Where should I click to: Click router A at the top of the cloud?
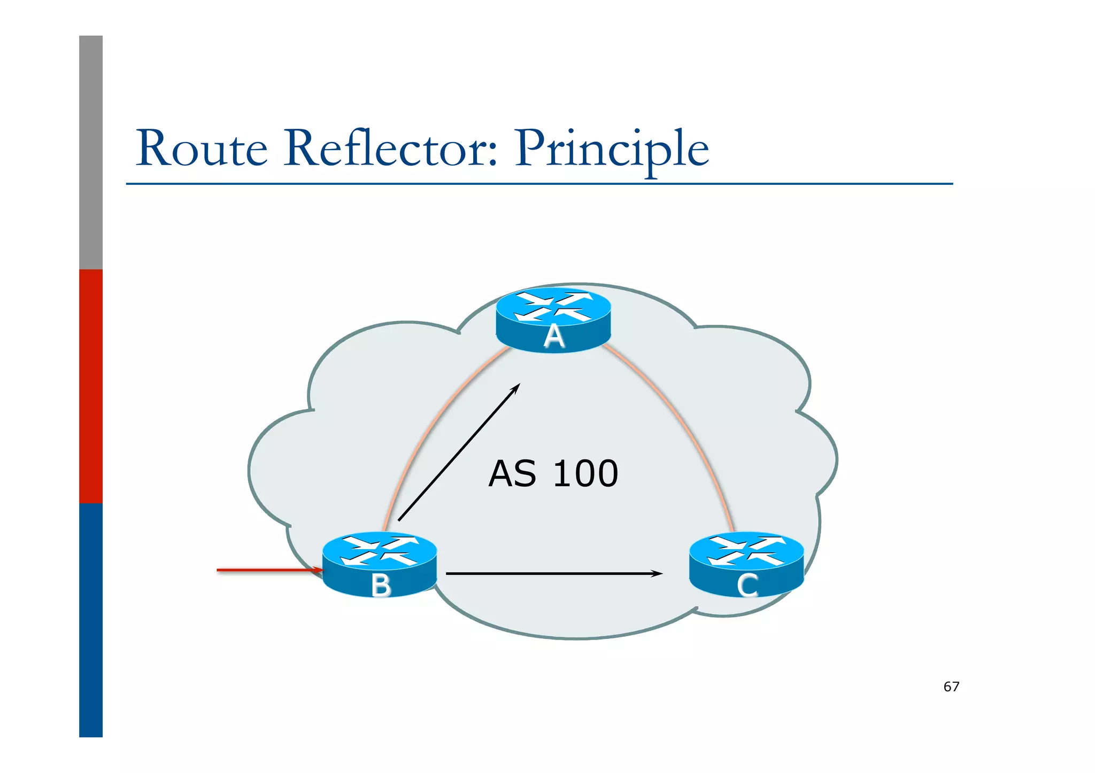pyautogui.click(x=553, y=319)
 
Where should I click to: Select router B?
pyautogui.click(x=380, y=564)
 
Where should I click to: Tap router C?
pyautogui.click(x=746, y=564)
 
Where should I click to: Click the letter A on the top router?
pyautogui.click(x=554, y=337)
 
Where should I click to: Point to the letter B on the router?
pyautogui.click(x=381, y=585)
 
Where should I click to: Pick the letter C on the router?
pyautogui.click(x=747, y=585)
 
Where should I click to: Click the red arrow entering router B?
pyautogui.click(x=267, y=570)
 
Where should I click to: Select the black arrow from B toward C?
pyautogui.click(x=551, y=574)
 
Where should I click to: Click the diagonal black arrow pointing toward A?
pyautogui.click(x=459, y=452)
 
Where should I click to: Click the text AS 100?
pyautogui.click(x=553, y=474)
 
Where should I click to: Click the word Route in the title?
pyautogui.click(x=202, y=149)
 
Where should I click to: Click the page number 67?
pyautogui.click(x=951, y=687)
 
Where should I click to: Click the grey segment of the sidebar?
pyautogui.click(x=91, y=152)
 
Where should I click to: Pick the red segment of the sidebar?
pyautogui.click(x=91, y=386)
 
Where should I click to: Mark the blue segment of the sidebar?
pyautogui.click(x=91, y=620)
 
